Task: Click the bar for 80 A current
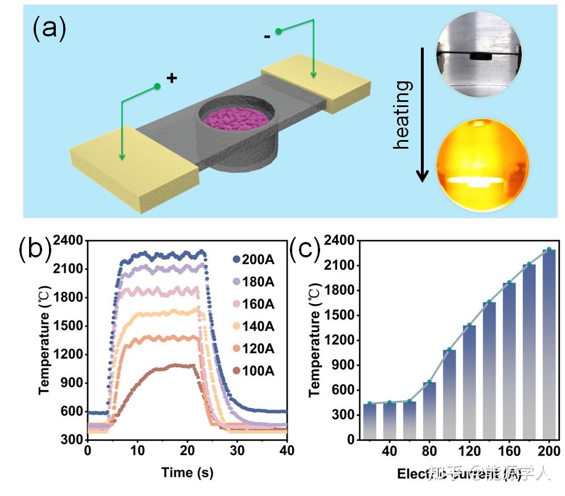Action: [429, 410]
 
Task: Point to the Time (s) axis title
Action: [187, 472]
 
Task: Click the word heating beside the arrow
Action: [402, 114]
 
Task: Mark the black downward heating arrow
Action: [422, 114]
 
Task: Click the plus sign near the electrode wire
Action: [171, 78]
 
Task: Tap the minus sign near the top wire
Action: [267, 37]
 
